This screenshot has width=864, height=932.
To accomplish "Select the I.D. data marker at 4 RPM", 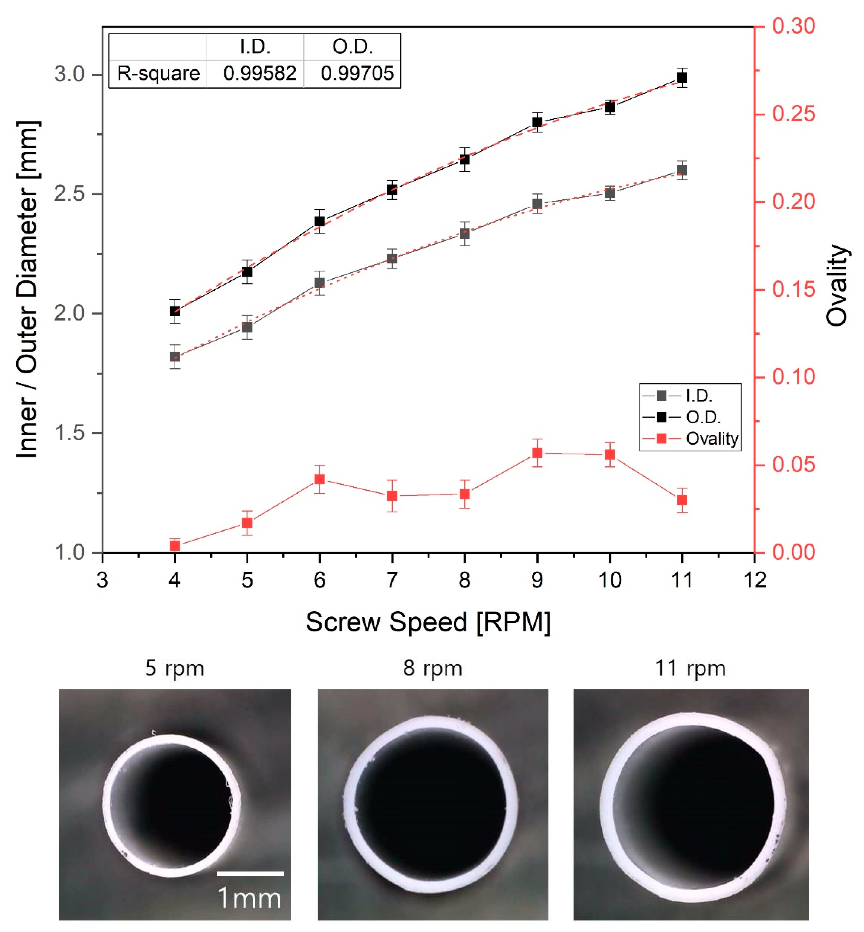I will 175,356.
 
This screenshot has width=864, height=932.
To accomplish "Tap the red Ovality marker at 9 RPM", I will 537,453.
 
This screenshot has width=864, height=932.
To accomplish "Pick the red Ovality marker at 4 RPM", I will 175,545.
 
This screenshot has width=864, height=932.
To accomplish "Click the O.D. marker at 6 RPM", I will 320,221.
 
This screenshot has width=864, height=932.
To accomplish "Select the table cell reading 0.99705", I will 357,73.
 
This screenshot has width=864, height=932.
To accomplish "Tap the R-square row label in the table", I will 158,73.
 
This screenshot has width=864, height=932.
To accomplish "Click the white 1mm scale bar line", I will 251,873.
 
